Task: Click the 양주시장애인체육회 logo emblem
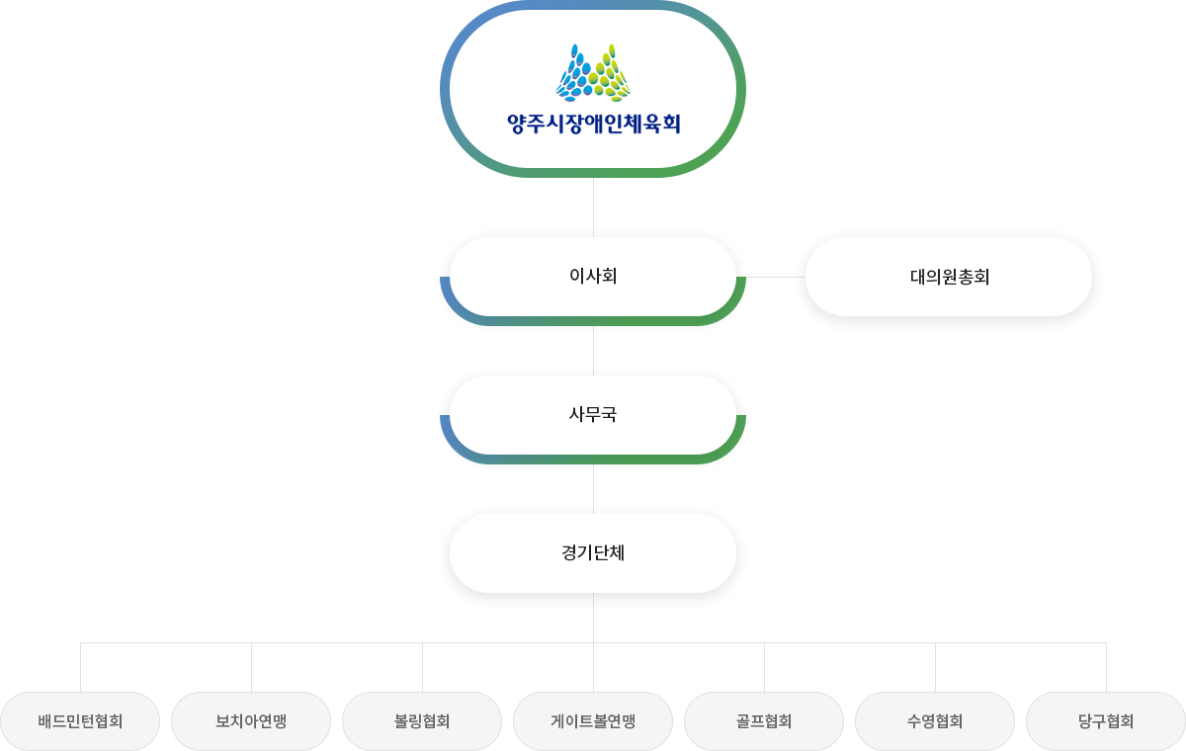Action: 593,73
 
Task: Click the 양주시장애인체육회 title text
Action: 593,125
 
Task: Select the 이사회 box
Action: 593,277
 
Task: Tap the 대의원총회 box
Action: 949,277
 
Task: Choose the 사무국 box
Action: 593,415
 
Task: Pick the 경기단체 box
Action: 593,553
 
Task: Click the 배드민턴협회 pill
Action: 80,721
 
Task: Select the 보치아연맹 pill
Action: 251,721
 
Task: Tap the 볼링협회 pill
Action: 422,721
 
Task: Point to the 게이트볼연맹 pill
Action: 593,721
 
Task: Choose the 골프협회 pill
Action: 764,721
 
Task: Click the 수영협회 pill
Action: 935,721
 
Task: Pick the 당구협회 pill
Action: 1106,721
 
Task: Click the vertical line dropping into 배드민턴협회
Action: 80,668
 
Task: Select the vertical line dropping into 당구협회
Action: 1106,668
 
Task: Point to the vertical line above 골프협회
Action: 764,668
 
